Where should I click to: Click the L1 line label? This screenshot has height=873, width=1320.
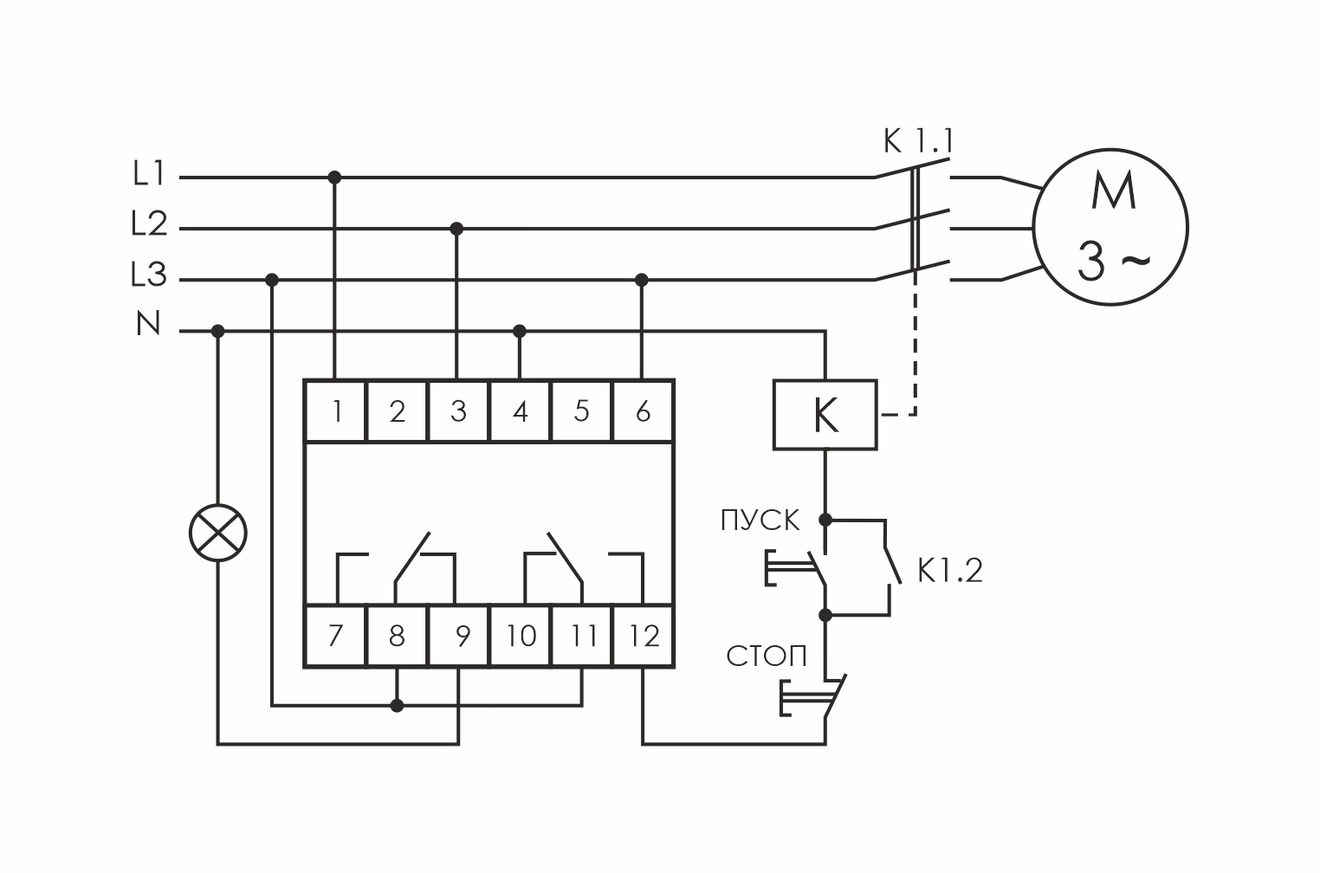coord(148,176)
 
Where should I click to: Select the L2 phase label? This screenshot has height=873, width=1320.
coord(148,226)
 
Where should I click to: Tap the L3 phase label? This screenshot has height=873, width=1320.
coord(148,277)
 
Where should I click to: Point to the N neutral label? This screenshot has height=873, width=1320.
coord(148,326)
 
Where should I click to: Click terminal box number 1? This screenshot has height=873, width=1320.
coord(336,411)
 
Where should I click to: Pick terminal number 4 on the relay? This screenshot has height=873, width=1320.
coord(520,411)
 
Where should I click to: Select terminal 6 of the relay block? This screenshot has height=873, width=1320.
coord(643,411)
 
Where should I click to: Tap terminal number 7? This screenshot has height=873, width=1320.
coord(336,637)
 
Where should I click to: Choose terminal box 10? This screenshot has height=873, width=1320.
coord(521,637)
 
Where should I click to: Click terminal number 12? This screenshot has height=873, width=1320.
coord(643,637)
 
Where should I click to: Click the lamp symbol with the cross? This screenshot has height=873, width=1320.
coord(218,532)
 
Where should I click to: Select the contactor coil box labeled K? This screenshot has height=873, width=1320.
coord(825,415)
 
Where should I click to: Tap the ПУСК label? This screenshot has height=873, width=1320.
coord(760,521)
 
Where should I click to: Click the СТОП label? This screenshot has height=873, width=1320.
coord(767,656)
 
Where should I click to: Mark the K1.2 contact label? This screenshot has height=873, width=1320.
coord(950,571)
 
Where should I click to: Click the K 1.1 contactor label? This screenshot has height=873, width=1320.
coord(918,141)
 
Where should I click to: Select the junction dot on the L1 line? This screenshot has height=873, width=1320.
coord(335,178)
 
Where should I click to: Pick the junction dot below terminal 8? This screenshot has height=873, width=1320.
coord(397,706)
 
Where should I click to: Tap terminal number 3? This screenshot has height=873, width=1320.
coord(458,411)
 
